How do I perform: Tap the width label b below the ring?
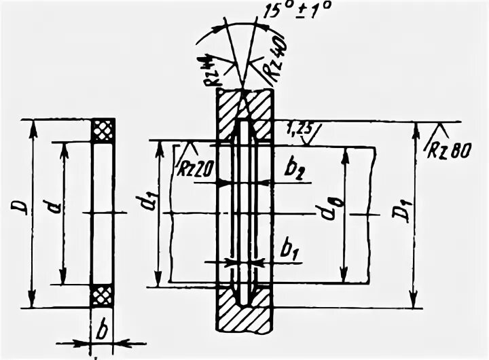click(102, 331)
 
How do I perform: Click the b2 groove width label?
click(295, 170)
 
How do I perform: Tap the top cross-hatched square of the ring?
click(103, 130)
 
